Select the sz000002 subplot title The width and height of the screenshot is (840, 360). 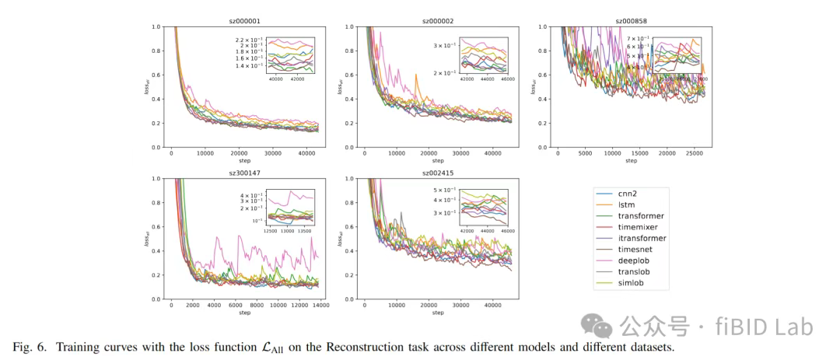pyautogui.click(x=438, y=22)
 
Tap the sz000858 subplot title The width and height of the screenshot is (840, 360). pyautogui.click(x=631, y=22)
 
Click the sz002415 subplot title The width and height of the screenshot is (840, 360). pyautogui.click(x=438, y=173)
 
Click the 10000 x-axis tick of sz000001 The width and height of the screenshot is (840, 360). pyautogui.click(x=206, y=154)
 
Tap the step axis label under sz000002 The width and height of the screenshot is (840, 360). pyautogui.click(x=438, y=161)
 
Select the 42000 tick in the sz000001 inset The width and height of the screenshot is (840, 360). pyautogui.click(x=299, y=79)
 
